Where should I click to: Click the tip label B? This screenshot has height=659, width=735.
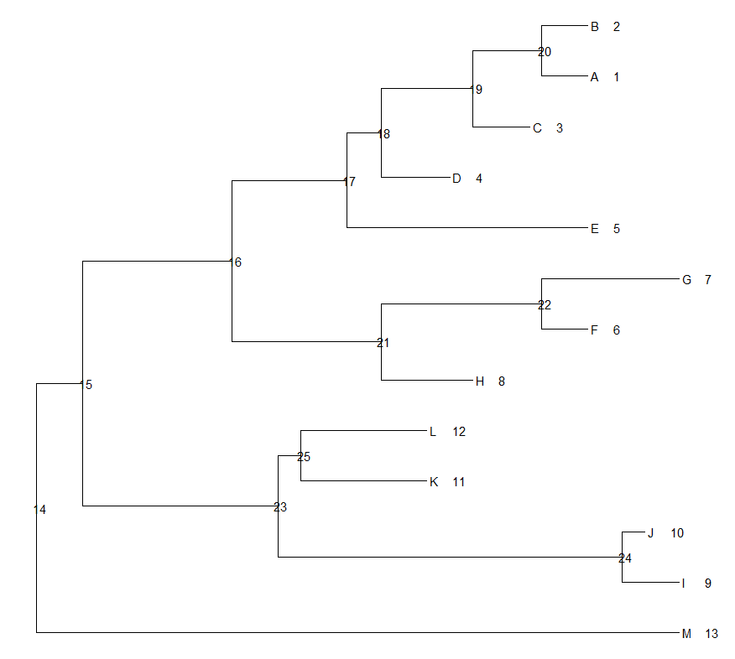pos(594,27)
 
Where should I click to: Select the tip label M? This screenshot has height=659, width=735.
pos(686,634)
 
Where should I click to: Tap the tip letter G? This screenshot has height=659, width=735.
pos(686,280)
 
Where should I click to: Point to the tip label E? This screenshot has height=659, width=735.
pos(594,229)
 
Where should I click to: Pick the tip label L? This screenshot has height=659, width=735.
pos(433,432)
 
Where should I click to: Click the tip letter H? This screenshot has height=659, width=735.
pos(480,381)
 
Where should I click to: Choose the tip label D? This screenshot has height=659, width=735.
pos(456,179)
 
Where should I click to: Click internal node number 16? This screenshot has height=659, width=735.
pos(235,262)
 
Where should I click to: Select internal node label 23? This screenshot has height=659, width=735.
pos(280,507)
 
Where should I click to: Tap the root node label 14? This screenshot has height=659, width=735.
pos(40,510)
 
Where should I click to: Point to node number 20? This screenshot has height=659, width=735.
pos(545,52)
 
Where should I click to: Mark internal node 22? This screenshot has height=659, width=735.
pos(545,304)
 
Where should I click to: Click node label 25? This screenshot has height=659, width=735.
pos(304,457)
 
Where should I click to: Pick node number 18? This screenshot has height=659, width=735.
pos(383,134)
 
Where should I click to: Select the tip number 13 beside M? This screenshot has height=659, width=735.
pos(712,634)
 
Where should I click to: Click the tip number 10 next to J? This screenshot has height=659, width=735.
pos(677,533)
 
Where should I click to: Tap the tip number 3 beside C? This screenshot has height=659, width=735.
pos(560,128)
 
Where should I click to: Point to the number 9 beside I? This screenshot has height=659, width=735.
pos(708,584)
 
